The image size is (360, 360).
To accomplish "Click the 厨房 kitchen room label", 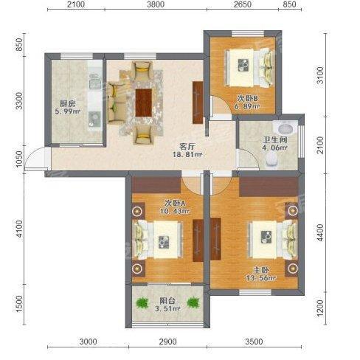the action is (68, 103).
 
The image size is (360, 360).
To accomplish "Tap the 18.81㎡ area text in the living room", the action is (187, 155).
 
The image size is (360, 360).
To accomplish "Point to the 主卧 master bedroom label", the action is (261, 270).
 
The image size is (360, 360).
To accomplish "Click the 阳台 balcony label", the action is (167, 301).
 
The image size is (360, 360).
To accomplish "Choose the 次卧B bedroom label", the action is (247, 99).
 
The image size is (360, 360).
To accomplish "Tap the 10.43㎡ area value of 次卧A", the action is (175, 211).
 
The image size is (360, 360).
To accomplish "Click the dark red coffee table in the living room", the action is (144, 103).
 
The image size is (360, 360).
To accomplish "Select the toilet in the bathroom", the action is (271, 159).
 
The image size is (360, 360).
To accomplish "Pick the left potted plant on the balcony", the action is (142, 302).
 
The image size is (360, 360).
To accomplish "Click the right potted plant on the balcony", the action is (193, 302).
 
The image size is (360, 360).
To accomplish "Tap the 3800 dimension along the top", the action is (156, 4).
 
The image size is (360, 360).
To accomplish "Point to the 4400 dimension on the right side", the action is (320, 232).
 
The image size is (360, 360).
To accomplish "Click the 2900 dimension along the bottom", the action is (167, 342).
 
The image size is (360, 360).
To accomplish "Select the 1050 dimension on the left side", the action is (19, 159).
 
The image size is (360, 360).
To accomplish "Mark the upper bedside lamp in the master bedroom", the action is (292, 210).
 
